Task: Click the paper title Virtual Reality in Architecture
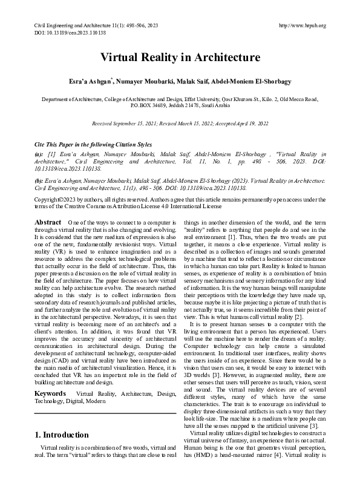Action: point(180,58)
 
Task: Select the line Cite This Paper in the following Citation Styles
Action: point(92,145)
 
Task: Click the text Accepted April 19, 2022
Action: point(240,123)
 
